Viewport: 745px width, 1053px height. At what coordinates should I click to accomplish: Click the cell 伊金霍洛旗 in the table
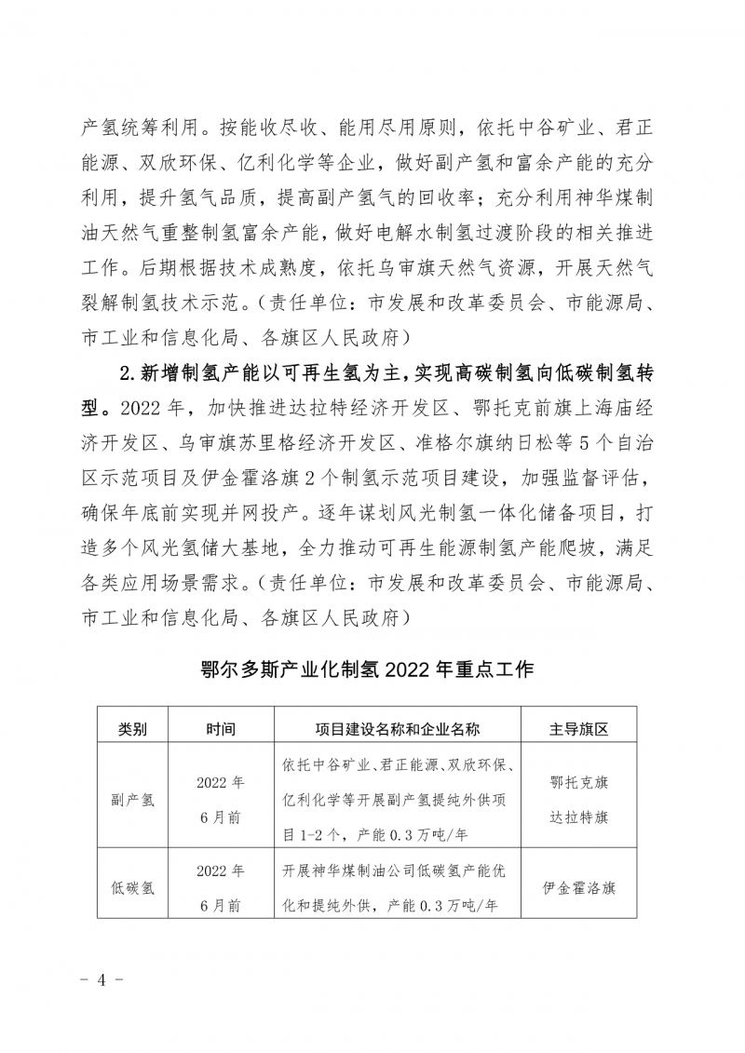(578, 887)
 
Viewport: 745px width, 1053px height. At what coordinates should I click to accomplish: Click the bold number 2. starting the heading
(129, 374)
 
